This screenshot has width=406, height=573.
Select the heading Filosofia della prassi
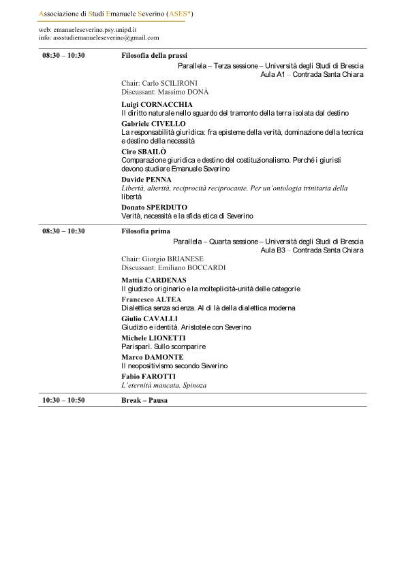pos(154,56)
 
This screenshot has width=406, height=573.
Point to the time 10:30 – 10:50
pos(63,400)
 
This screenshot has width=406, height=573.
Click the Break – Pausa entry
pos(144,400)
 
